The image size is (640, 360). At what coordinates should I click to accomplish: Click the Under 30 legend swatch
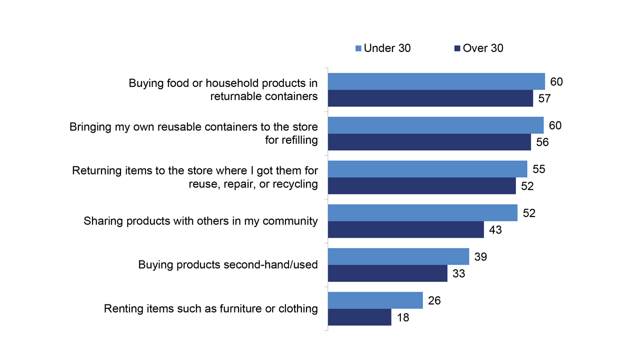point(358,48)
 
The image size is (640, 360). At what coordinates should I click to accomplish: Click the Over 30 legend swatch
point(457,48)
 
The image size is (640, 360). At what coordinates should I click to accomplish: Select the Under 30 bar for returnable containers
point(436,81)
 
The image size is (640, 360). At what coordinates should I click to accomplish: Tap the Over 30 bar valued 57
point(430,98)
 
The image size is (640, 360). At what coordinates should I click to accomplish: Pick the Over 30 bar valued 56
point(429,142)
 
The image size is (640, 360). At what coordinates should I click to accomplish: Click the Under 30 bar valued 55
point(427,169)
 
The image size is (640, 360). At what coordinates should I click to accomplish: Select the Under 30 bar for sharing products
point(422,212)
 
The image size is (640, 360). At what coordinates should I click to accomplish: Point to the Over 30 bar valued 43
point(405,229)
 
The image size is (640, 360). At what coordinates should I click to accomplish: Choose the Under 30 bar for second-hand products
point(398,256)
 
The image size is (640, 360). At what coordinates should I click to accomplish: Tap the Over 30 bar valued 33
point(387,273)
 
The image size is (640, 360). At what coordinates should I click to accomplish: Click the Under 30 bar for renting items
point(375,300)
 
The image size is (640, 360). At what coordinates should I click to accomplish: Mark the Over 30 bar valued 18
point(359,317)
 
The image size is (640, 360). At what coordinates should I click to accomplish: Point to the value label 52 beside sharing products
point(528,213)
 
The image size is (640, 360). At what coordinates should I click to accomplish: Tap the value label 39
point(480,256)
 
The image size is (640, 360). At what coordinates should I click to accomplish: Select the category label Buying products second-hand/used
point(228,264)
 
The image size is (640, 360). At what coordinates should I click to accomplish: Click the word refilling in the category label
point(299,140)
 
